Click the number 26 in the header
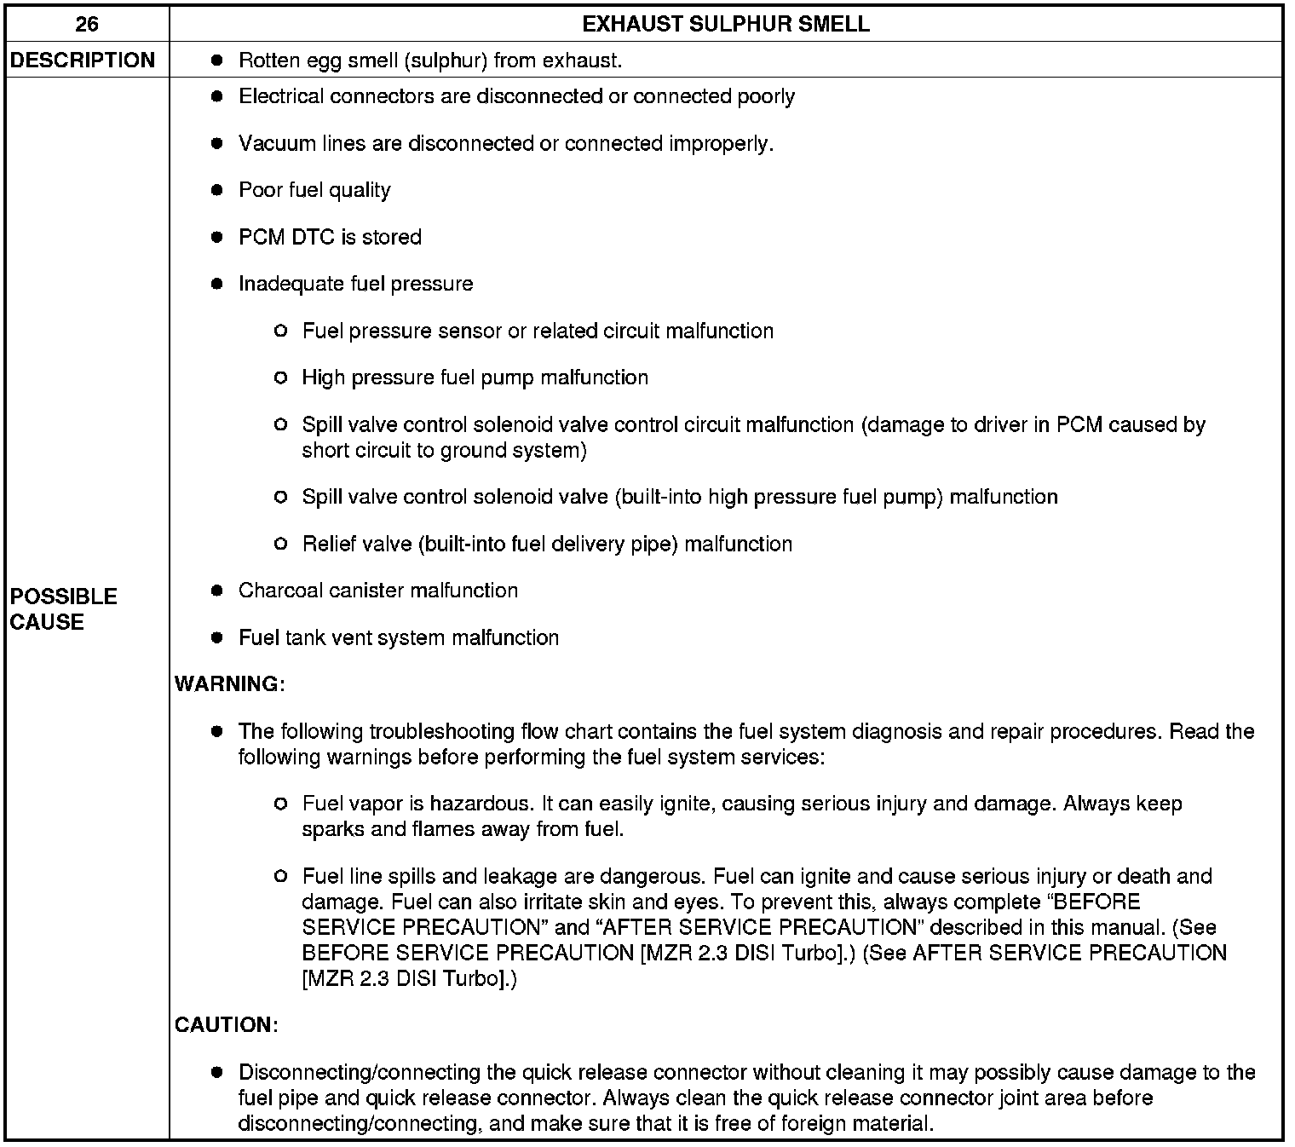(87, 24)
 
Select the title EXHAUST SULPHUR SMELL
(726, 24)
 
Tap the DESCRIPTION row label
(83, 61)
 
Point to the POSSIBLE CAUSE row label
(63, 609)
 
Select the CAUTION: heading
(226, 1024)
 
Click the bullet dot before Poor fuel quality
(217, 190)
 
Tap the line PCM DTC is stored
(330, 237)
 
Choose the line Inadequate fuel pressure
(355, 284)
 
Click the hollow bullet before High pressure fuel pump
(281, 378)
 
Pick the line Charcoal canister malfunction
(377, 591)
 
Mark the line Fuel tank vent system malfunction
(398, 637)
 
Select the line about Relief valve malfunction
(547, 544)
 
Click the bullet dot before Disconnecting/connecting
(217, 1072)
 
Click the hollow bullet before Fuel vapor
(281, 804)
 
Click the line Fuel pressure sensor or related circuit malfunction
(538, 331)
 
